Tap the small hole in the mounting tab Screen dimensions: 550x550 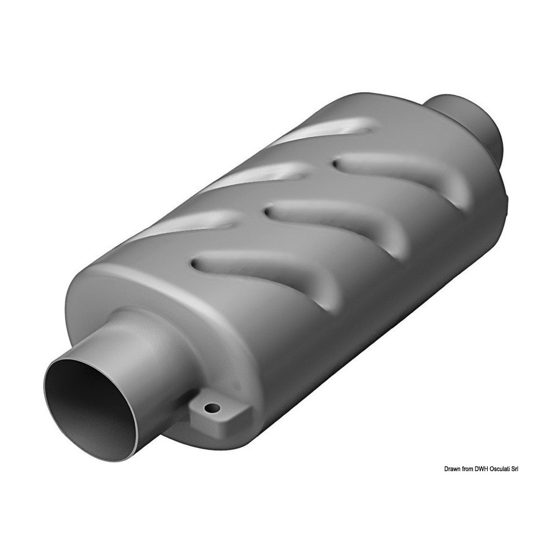213,408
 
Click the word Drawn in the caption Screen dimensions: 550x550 452,469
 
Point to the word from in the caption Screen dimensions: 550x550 466,469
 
